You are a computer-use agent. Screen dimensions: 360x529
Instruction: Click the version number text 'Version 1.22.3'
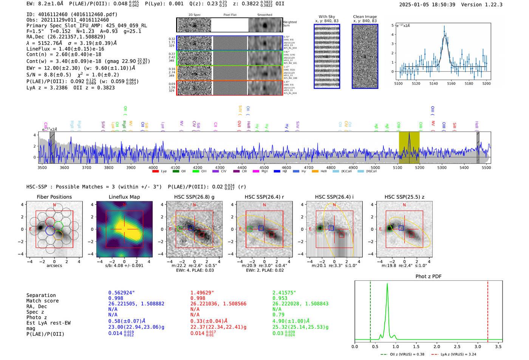(485, 5)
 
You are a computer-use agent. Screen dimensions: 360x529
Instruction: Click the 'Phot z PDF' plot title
(428, 277)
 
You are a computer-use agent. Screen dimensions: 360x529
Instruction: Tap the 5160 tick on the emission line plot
(451, 83)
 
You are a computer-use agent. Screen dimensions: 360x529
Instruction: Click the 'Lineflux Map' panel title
(124, 197)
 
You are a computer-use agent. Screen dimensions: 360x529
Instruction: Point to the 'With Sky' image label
(326, 17)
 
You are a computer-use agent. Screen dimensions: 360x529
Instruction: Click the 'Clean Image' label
(365, 17)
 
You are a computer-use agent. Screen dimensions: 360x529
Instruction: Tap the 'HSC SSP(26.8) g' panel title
(194, 197)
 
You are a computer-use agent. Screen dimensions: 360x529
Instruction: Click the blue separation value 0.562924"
(122, 293)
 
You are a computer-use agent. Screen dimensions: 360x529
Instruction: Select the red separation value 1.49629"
(202, 293)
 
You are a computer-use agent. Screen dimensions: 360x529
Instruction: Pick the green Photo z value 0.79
(278, 315)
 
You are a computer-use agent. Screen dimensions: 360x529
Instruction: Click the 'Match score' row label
(42, 301)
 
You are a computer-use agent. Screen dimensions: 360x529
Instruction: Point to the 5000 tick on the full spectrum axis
(375, 168)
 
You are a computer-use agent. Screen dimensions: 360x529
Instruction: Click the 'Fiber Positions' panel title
(54, 197)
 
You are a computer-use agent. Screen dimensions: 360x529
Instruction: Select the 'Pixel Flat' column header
(230, 15)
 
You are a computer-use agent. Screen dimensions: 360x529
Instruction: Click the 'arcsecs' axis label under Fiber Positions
(54, 266)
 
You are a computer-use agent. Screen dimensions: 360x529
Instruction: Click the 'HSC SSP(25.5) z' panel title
(404, 197)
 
